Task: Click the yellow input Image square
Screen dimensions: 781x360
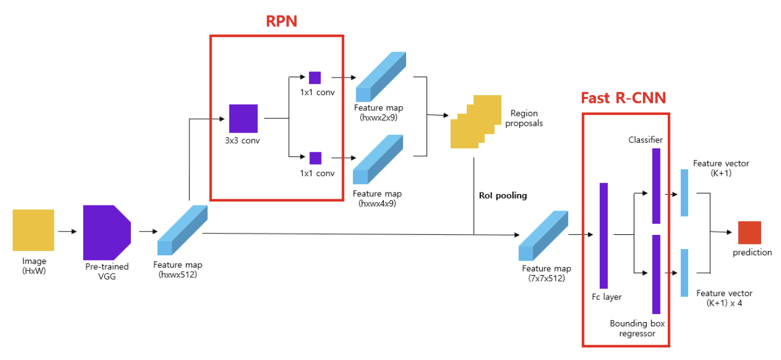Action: (x=33, y=230)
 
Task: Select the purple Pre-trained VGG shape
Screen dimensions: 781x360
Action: (x=107, y=233)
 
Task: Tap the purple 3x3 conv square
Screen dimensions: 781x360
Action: (x=244, y=118)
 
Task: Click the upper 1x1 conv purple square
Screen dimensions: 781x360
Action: (x=315, y=78)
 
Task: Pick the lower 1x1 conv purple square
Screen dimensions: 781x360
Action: (x=315, y=158)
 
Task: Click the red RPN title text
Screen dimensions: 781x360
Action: (x=281, y=21)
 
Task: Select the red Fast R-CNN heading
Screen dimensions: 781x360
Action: (x=624, y=98)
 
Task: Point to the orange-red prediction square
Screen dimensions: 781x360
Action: (x=750, y=233)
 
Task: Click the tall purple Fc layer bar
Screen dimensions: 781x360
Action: (x=604, y=235)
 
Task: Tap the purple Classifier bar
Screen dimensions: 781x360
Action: (x=656, y=186)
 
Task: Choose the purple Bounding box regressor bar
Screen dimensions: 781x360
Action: (x=656, y=275)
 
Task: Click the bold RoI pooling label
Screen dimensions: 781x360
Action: (x=503, y=195)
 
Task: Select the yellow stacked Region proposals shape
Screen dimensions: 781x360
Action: (x=476, y=122)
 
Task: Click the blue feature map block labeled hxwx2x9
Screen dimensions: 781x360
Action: (x=381, y=76)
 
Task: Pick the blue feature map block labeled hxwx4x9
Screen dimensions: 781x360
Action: (x=378, y=159)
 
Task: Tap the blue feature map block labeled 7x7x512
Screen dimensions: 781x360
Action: (x=544, y=235)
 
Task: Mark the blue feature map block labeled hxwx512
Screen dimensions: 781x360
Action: (x=183, y=230)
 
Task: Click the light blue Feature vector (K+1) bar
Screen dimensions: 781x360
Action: (x=684, y=192)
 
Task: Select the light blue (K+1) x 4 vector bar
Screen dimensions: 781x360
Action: (x=684, y=273)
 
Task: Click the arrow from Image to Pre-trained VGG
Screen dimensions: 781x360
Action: (x=67, y=232)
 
